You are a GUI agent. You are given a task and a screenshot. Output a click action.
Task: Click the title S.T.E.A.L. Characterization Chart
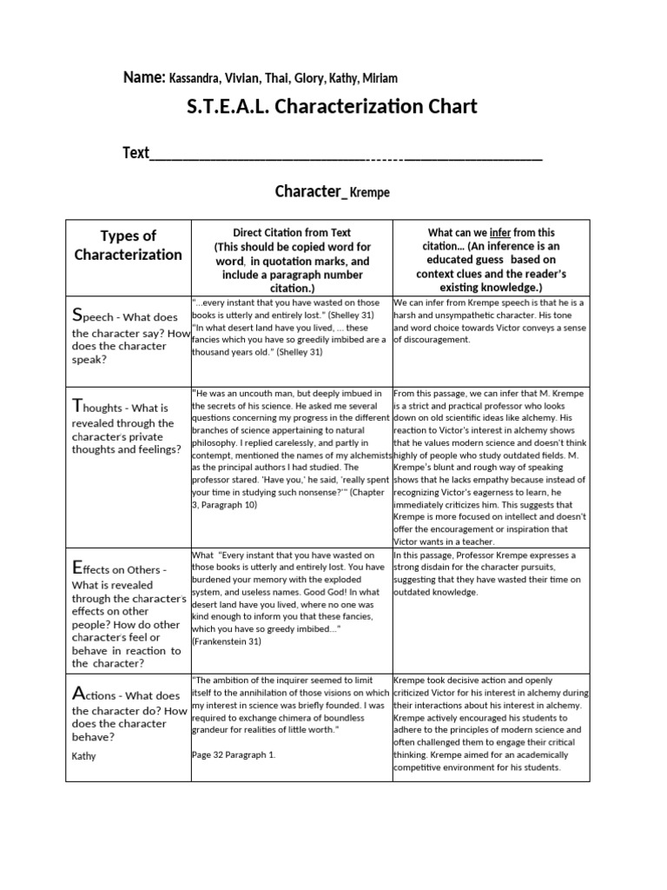(x=332, y=108)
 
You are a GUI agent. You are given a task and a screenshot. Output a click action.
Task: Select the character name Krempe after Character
(x=369, y=193)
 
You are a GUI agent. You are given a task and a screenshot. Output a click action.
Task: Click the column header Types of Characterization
(x=128, y=245)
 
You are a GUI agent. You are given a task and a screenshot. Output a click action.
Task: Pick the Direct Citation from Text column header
(x=292, y=233)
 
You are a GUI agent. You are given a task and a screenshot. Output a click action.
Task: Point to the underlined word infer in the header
(x=500, y=233)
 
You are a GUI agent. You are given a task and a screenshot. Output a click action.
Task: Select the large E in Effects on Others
(x=78, y=568)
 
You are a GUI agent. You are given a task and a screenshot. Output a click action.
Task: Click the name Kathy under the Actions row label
(x=85, y=756)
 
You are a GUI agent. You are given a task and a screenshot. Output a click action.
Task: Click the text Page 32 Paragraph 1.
(x=233, y=754)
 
